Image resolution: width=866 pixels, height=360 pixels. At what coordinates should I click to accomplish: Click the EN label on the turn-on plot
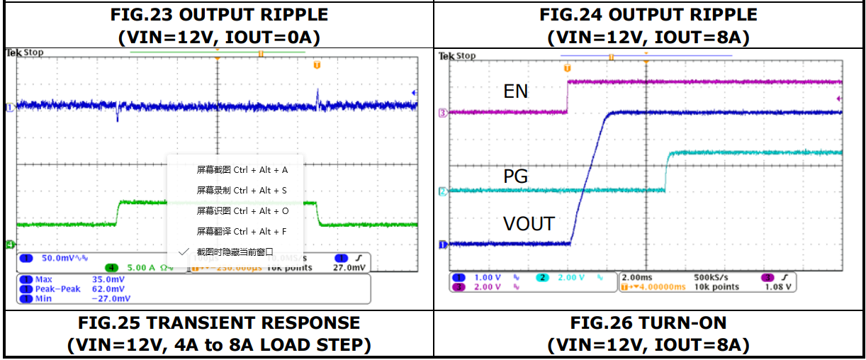515,91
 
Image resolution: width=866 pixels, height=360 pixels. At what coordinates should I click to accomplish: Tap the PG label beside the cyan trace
515,176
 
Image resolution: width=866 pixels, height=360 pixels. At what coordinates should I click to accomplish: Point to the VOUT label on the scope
529,225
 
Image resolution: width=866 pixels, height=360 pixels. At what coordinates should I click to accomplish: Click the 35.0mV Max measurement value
108,280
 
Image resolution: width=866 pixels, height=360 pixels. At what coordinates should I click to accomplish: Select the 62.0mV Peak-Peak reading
108,289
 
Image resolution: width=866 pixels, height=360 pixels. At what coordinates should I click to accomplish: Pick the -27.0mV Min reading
108,299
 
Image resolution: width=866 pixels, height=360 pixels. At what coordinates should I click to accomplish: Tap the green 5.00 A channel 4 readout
141,268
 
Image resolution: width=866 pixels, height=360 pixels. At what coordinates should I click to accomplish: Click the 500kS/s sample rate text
711,278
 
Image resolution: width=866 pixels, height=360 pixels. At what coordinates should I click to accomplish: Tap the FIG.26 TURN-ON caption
648,323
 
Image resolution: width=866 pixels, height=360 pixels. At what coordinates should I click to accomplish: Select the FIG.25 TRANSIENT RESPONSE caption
219,323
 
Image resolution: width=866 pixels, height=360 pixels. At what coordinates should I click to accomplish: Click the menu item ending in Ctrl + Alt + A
242,170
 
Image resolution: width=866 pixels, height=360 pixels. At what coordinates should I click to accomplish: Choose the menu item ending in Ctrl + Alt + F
242,231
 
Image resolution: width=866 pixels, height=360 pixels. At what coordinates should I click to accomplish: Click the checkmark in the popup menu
184,252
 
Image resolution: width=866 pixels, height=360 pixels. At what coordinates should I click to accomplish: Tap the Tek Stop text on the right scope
458,56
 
